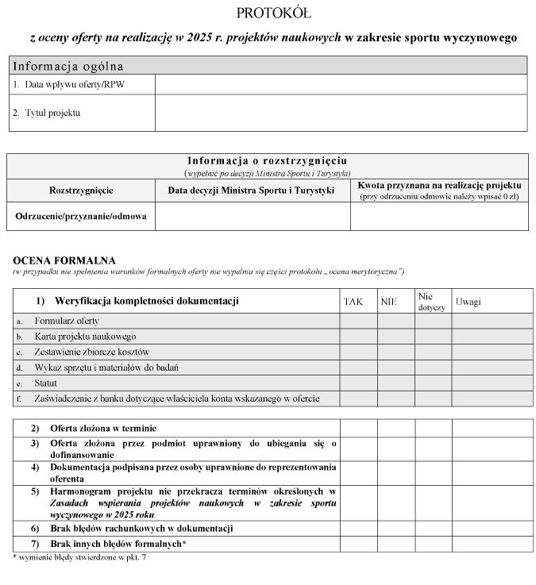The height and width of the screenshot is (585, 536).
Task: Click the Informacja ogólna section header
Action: [x=67, y=65]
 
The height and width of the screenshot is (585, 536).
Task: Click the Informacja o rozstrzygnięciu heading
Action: [x=267, y=160]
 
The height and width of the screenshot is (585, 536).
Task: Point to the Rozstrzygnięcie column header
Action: [x=81, y=191]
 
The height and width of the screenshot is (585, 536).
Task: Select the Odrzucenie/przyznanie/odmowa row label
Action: [x=81, y=216]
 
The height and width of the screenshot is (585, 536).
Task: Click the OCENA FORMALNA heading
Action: [x=64, y=260]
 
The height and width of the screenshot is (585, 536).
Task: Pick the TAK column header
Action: [x=353, y=302]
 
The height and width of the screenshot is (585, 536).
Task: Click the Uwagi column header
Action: [x=468, y=302]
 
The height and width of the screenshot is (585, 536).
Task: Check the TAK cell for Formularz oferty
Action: [x=358, y=321]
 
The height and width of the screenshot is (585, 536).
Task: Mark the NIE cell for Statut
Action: [x=395, y=383]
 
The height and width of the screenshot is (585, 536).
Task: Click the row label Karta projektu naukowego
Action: [x=86, y=337]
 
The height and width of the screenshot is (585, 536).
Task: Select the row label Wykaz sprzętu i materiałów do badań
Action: [x=106, y=368]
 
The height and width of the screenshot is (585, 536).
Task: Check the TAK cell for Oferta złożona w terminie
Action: [x=358, y=429]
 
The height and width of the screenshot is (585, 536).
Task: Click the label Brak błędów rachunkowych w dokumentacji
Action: [x=141, y=529]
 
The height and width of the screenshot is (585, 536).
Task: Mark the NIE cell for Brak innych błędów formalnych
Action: [x=395, y=544]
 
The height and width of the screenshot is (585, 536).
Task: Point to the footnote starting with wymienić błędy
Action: [x=79, y=558]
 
